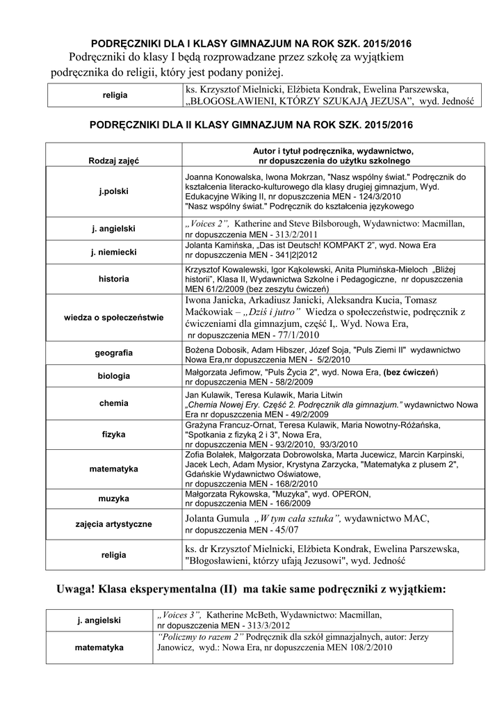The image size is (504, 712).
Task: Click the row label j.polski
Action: [x=113, y=192]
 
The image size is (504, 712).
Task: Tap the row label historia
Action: [x=113, y=279]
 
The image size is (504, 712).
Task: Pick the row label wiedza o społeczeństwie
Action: [x=113, y=318]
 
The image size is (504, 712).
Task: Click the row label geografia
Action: [x=113, y=353]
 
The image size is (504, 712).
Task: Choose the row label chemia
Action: [x=113, y=403]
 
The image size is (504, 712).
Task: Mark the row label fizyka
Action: [x=113, y=434]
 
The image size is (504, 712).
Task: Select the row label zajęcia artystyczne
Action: [x=113, y=524]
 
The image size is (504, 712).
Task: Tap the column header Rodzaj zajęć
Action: [x=113, y=161]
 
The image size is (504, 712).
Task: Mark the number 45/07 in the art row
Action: [x=282, y=531]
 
